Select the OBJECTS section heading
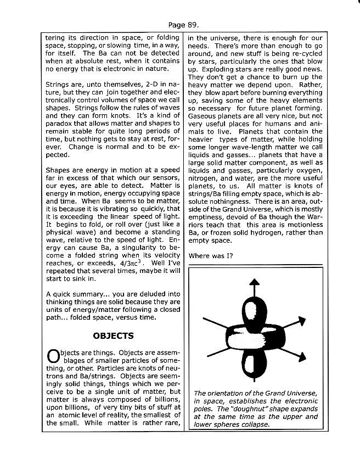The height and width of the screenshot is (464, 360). (x=113, y=336)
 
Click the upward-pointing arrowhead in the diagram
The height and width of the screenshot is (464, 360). (x=254, y=282)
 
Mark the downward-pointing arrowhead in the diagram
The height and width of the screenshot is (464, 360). (x=254, y=384)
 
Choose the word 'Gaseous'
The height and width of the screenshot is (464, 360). (x=203, y=116)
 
